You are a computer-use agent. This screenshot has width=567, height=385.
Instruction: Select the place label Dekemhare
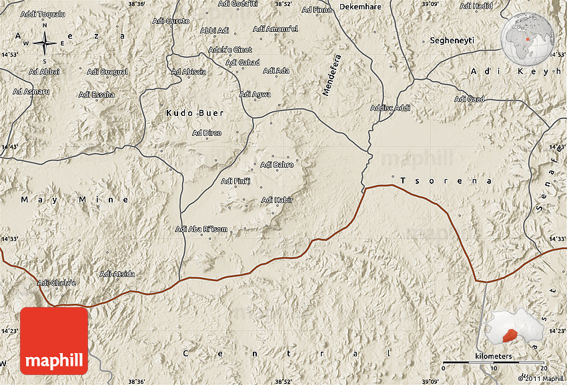[x=360, y=7]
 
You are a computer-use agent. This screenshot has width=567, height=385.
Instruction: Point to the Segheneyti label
[x=452, y=41]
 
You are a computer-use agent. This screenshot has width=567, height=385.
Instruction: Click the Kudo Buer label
[x=195, y=113]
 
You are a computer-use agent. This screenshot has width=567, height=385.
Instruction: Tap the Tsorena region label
[x=446, y=181]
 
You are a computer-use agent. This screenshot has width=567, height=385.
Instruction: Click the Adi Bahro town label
[x=277, y=165]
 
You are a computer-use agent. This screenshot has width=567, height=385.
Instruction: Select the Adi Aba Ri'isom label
[x=201, y=230]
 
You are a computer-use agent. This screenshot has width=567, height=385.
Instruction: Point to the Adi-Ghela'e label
[x=57, y=283]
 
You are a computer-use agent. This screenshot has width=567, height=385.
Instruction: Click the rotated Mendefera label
[x=331, y=75]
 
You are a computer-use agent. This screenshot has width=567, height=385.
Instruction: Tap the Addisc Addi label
[x=390, y=107]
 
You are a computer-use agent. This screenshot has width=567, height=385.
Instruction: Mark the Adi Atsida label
[x=117, y=274]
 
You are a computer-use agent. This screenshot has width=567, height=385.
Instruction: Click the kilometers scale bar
[x=494, y=364]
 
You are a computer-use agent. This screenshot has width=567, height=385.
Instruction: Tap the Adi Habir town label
[x=277, y=200]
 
